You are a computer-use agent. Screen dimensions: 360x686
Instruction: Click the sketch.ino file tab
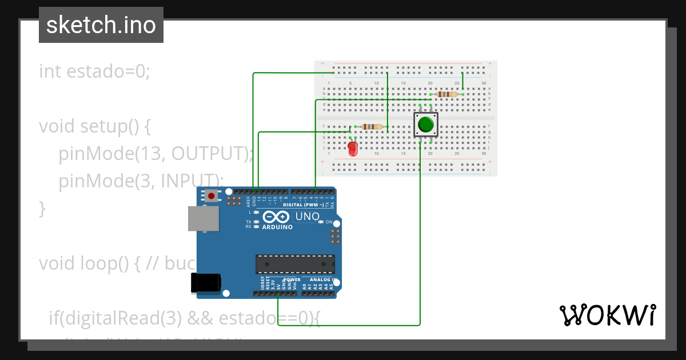tap(101, 25)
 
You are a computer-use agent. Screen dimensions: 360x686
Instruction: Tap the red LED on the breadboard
tap(353, 150)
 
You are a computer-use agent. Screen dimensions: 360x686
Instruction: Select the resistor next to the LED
tap(372, 126)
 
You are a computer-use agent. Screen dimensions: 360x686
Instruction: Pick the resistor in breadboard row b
tap(446, 94)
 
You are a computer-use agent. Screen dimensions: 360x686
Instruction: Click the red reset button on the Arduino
tap(212, 196)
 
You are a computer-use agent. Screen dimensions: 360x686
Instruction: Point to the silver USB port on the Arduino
tap(204, 218)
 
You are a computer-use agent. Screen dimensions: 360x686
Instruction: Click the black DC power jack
tap(206, 283)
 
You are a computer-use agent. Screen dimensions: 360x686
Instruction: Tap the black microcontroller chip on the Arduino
tap(295, 263)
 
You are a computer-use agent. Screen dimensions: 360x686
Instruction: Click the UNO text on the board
tap(307, 217)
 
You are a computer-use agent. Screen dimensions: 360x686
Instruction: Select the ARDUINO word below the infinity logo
tap(277, 227)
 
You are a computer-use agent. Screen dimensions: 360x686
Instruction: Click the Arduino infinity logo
tap(277, 217)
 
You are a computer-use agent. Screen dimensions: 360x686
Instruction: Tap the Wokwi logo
tap(608, 315)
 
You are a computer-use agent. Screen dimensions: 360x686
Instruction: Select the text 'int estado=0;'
tap(94, 72)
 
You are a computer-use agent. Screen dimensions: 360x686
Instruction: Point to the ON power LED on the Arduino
tap(321, 222)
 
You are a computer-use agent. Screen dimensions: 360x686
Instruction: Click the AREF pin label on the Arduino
tap(248, 202)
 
